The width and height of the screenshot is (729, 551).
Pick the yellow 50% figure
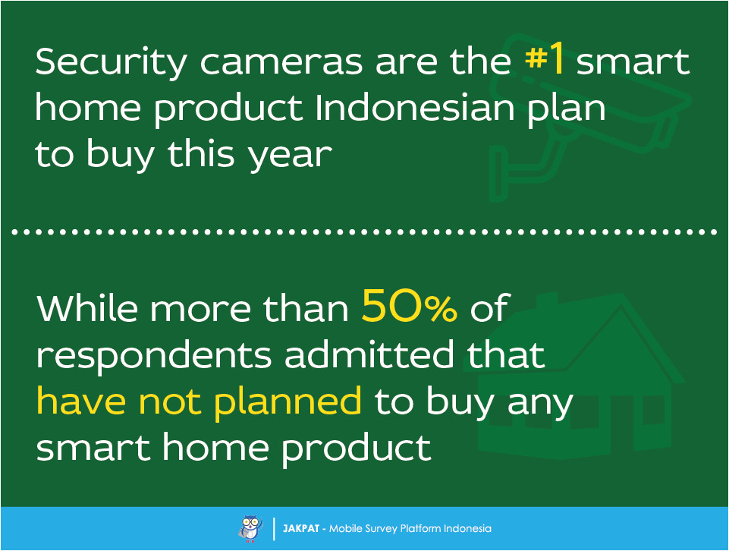(x=410, y=309)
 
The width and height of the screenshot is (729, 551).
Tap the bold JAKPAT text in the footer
(x=301, y=528)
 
